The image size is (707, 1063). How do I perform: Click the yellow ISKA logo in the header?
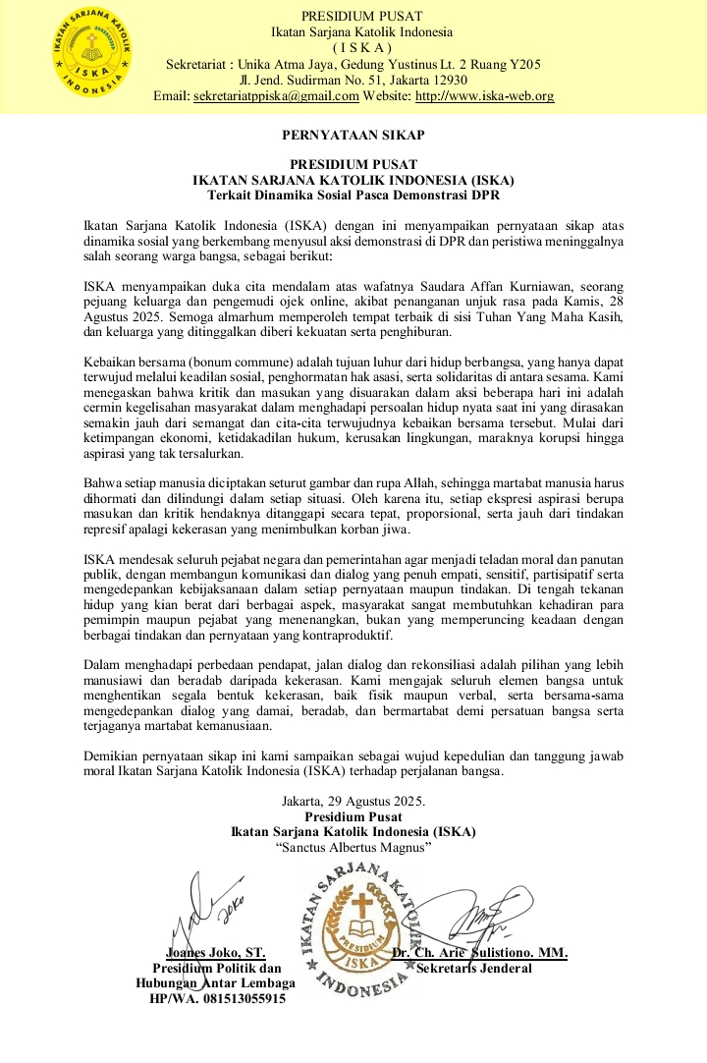(x=97, y=56)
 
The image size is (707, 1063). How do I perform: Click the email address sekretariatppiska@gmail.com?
(x=276, y=96)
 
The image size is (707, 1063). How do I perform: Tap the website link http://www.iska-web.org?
(x=485, y=96)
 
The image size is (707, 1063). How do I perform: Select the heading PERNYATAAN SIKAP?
(x=353, y=135)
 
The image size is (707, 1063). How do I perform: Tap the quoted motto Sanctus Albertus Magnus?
(x=353, y=847)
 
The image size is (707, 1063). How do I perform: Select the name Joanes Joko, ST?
(x=215, y=953)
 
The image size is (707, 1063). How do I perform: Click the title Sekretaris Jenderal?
(x=474, y=969)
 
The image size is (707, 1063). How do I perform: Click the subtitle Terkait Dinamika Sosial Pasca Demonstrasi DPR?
(x=353, y=195)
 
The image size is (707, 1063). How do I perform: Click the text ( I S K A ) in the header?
(x=361, y=48)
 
